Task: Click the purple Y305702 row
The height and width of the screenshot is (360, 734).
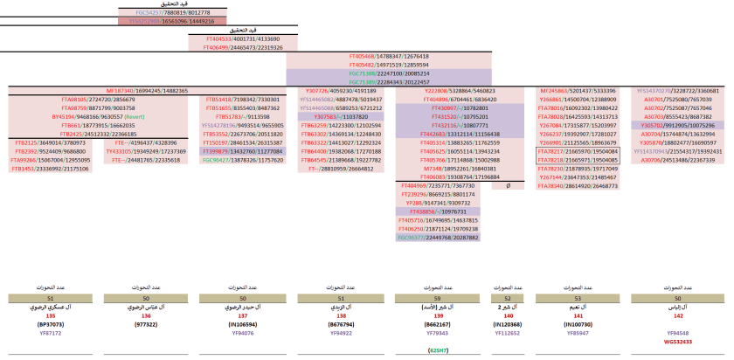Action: point(676,125)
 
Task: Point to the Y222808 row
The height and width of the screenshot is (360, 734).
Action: point(460,91)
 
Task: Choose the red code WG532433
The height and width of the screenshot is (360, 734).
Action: point(678,341)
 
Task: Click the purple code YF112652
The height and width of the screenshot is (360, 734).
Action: point(508,332)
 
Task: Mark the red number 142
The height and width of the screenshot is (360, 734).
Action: point(678,315)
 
